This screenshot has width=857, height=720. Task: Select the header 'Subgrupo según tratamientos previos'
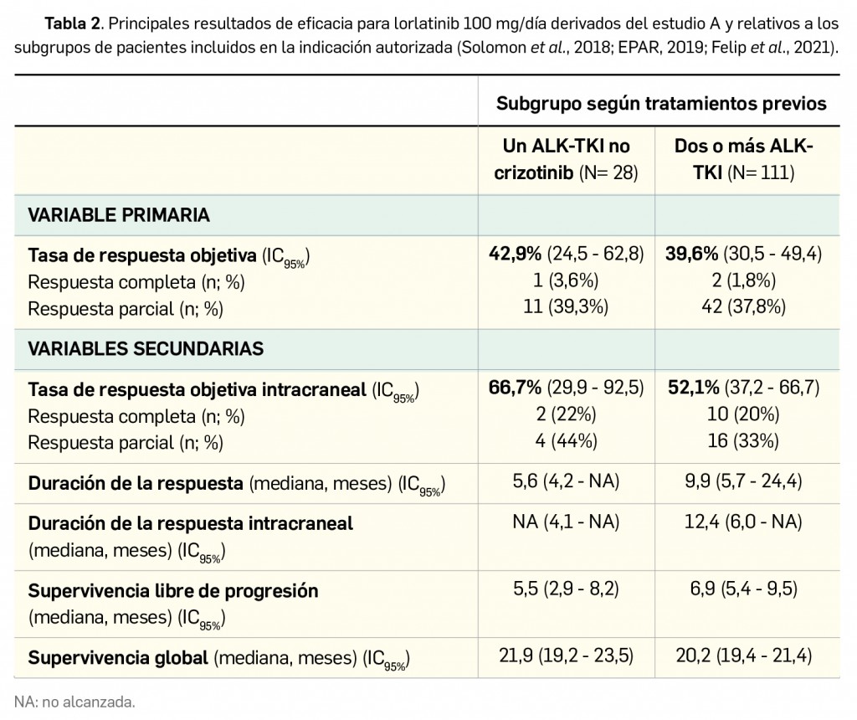(x=661, y=104)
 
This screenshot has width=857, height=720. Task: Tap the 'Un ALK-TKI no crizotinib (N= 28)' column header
(x=565, y=160)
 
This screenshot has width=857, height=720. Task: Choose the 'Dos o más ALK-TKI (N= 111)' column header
(x=743, y=160)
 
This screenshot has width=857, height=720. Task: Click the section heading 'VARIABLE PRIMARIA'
(x=119, y=215)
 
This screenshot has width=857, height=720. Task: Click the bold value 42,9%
(x=516, y=255)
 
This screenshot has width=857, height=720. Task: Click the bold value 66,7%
(x=516, y=388)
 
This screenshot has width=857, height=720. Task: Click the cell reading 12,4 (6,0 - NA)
(x=743, y=523)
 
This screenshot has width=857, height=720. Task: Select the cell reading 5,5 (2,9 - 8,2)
(x=565, y=590)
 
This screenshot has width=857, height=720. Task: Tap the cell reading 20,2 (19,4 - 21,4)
(x=743, y=656)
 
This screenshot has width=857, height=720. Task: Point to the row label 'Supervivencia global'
(x=118, y=658)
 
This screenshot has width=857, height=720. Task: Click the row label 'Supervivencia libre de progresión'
(x=173, y=591)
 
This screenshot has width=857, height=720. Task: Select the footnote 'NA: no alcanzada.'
(x=74, y=701)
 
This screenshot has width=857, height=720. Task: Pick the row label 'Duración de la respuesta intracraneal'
(x=191, y=524)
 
